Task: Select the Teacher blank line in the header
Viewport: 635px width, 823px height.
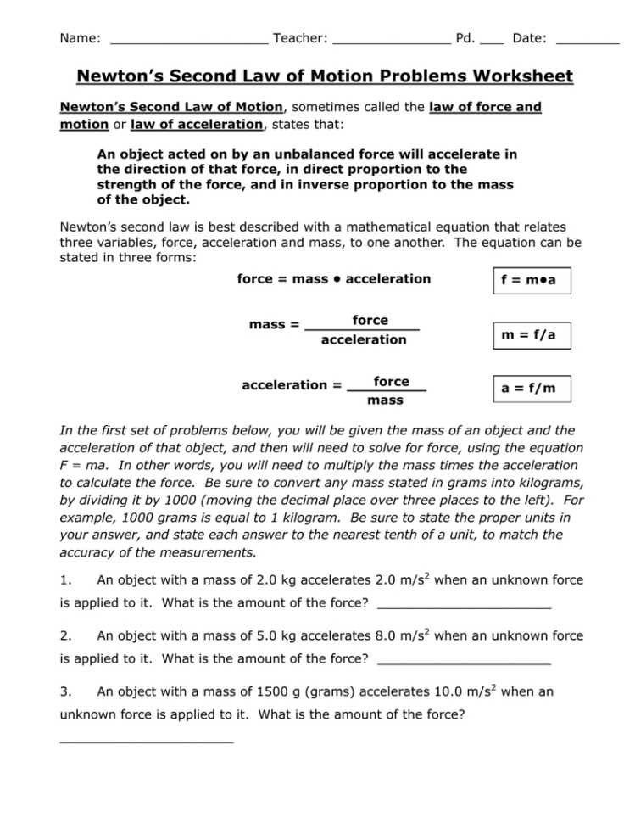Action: (391, 40)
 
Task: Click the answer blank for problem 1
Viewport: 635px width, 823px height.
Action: (464, 606)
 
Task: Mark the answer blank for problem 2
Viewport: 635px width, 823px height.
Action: (464, 660)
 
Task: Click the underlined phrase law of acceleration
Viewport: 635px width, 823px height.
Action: (196, 124)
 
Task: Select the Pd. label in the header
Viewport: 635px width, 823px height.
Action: (465, 38)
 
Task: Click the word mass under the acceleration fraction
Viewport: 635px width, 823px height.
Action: (385, 400)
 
